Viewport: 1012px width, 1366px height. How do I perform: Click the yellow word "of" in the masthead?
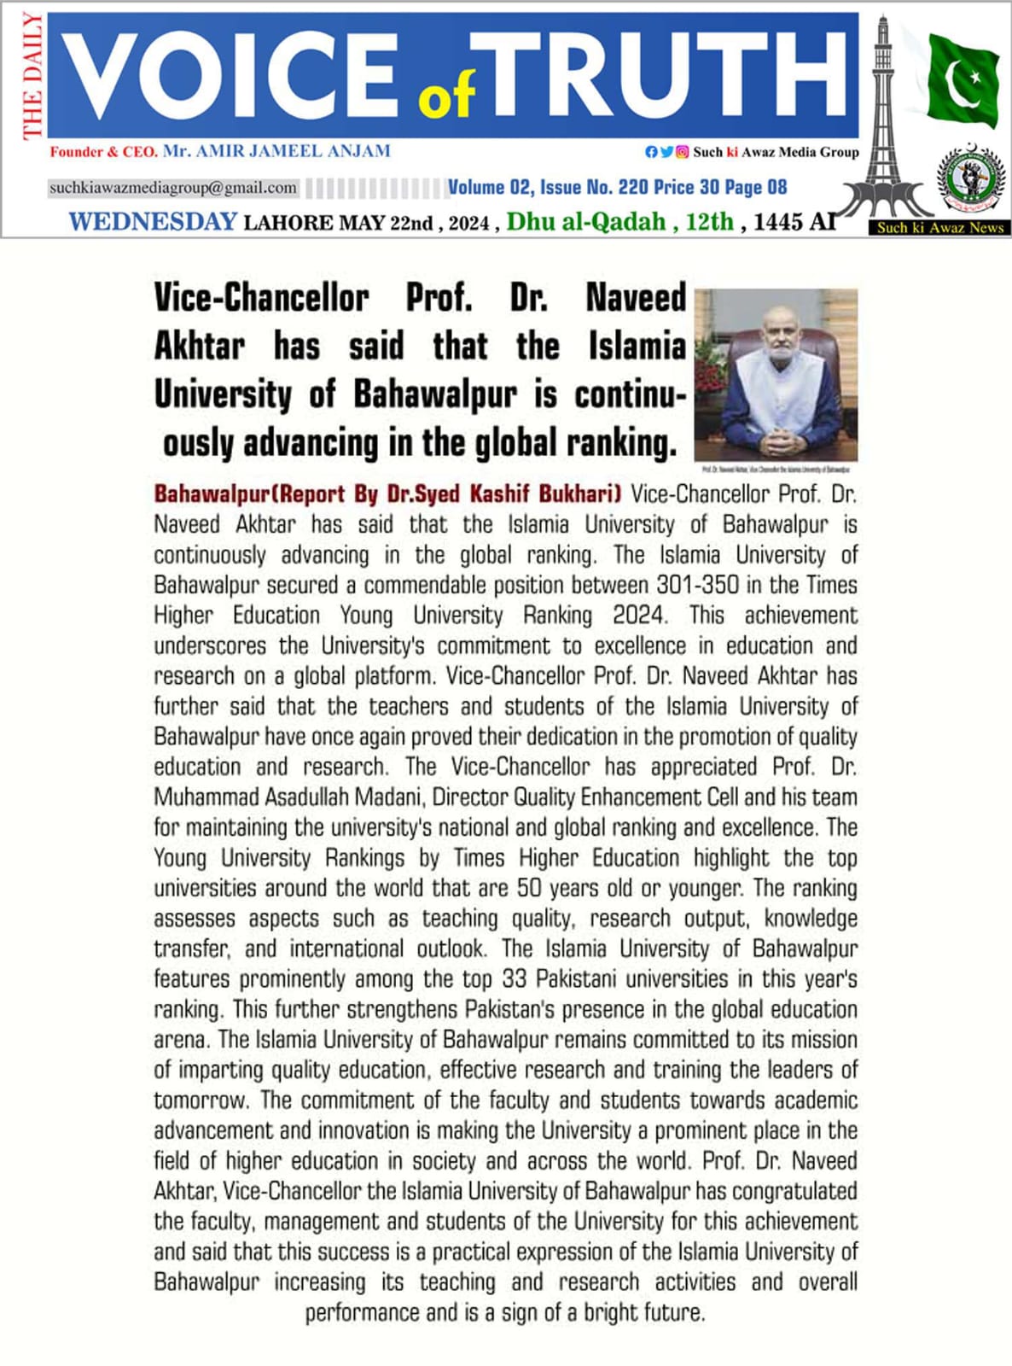click(x=446, y=99)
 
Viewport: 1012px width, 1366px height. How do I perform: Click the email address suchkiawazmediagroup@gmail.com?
click(x=173, y=188)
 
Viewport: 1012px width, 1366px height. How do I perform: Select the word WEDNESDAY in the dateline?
click(x=153, y=222)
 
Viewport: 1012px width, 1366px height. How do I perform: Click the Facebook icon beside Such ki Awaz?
click(x=651, y=152)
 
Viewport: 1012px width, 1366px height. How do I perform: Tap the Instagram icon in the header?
click(x=682, y=152)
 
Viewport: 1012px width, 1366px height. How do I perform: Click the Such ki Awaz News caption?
click(x=940, y=228)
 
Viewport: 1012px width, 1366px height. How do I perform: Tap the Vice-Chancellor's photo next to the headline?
click(x=776, y=374)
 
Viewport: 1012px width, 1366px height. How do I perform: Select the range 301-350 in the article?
click(x=691, y=586)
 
